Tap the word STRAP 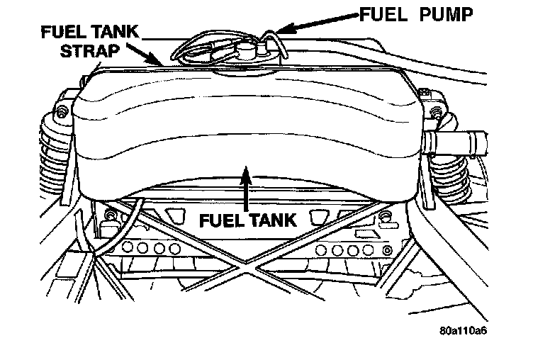tap(98, 51)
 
